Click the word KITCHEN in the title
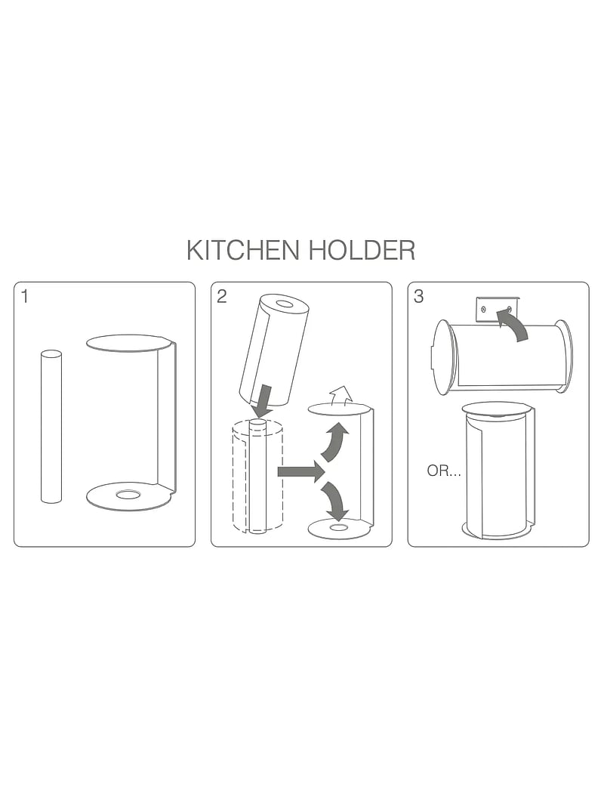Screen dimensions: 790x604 coord(242,251)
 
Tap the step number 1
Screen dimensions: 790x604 coord(25,296)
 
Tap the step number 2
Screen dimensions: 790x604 coord(221,296)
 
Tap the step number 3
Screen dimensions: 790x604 coord(419,296)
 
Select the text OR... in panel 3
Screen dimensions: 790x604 coord(444,471)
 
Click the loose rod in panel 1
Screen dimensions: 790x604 coord(51,427)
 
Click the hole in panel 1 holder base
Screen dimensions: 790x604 coord(128,495)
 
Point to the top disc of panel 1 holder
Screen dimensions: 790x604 coord(128,343)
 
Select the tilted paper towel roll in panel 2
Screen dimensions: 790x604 coord(273,351)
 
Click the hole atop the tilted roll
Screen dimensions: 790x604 coord(285,304)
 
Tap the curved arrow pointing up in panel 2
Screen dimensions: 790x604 coord(334,443)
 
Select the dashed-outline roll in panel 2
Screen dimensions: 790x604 coord(257,477)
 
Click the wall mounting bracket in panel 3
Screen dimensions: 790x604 coord(497,310)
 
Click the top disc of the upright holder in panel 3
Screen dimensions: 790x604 coord(497,409)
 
